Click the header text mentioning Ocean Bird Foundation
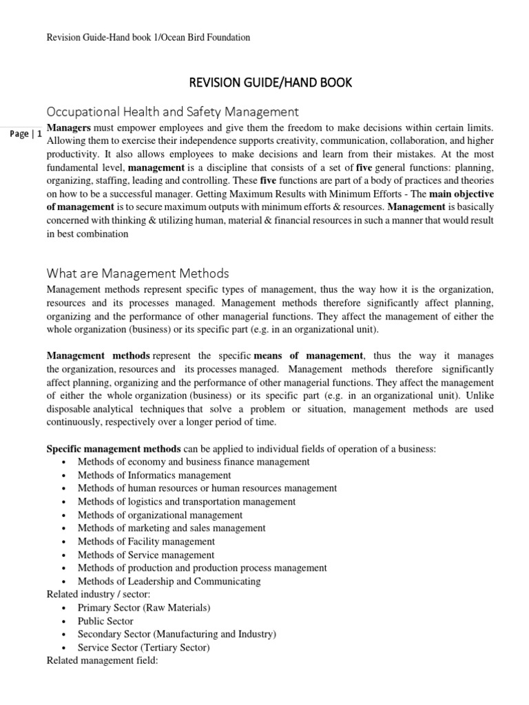[147, 38]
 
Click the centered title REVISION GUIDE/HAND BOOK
[270, 83]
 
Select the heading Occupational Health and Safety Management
[172, 111]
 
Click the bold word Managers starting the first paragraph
[68, 129]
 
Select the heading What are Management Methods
[137, 274]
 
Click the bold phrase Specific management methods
[114, 449]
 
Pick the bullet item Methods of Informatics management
[154, 475]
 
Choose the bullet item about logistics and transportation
[186, 502]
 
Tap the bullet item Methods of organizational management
[160, 515]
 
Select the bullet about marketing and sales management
[171, 528]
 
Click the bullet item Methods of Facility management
[146, 542]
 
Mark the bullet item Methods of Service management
[145, 555]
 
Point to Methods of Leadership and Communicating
[169, 582]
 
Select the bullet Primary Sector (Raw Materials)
[144, 608]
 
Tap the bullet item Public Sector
[105, 621]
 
